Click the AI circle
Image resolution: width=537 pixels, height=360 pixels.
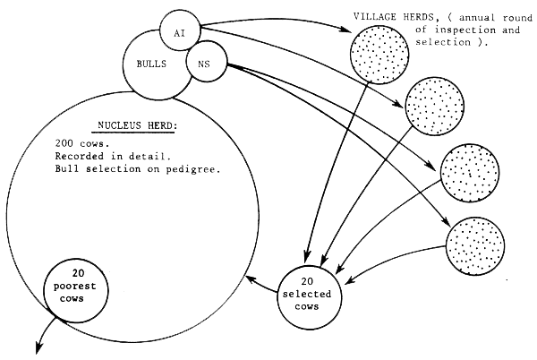point(178,31)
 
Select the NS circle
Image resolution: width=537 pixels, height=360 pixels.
point(205,64)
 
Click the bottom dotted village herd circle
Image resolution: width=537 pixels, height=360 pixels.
point(475,243)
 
